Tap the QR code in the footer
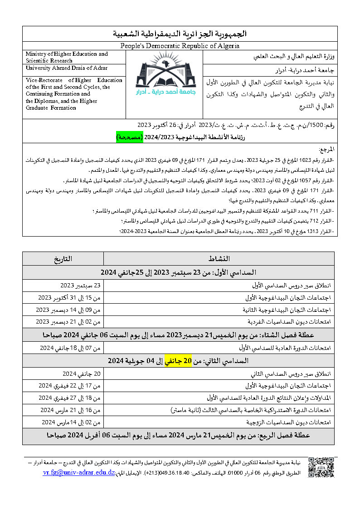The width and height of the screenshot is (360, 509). click(x=321, y=468)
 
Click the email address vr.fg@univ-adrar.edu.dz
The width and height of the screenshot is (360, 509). click(x=78, y=473)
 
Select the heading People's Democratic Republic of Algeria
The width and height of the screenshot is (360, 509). click(x=180, y=46)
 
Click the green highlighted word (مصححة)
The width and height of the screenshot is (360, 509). click(x=129, y=136)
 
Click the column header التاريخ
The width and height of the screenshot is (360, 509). click(x=63, y=259)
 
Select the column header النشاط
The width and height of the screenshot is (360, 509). click(x=219, y=259)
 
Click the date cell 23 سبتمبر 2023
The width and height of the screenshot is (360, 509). click(x=80, y=286)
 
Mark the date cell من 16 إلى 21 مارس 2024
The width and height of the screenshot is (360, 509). click(x=70, y=410)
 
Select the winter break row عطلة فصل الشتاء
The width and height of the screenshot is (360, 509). click(x=178, y=335)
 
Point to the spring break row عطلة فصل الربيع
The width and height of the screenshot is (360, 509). click(x=178, y=435)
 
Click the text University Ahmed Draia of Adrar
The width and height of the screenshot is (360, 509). click(x=67, y=68)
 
